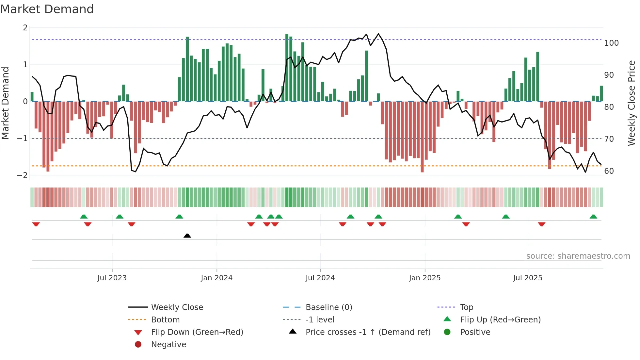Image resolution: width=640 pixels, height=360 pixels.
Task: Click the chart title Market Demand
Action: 47,9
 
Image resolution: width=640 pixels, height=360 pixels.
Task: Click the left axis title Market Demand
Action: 5,103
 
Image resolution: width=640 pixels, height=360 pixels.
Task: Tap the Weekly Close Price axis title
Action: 632,103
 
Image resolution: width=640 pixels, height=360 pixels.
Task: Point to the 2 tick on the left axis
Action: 25,28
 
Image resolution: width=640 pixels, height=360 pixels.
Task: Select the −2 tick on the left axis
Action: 23,175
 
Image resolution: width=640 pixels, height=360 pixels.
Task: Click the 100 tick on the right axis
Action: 611,43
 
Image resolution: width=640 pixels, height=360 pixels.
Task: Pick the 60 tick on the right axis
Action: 609,171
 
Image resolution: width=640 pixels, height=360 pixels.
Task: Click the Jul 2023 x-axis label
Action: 112,278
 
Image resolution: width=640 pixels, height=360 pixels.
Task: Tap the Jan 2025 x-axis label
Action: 424,278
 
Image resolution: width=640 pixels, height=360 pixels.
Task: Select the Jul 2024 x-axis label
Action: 320,278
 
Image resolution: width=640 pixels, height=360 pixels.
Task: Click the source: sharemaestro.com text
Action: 578,256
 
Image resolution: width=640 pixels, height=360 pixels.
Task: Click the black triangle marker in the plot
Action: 187,236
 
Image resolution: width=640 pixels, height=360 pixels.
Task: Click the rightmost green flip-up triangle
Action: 593,217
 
